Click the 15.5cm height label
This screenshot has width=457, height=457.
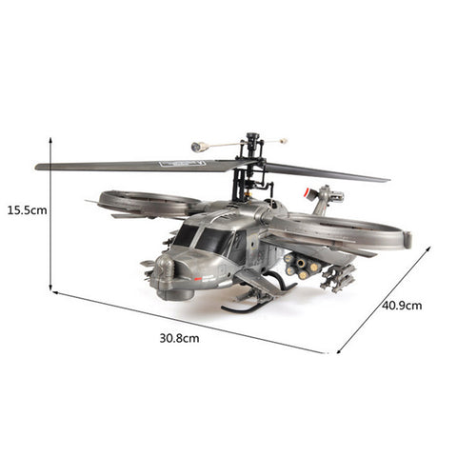[25, 210]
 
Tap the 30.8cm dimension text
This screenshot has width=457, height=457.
[180, 338]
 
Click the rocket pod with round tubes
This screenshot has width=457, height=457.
[296, 266]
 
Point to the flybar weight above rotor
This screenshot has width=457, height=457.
[198, 149]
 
